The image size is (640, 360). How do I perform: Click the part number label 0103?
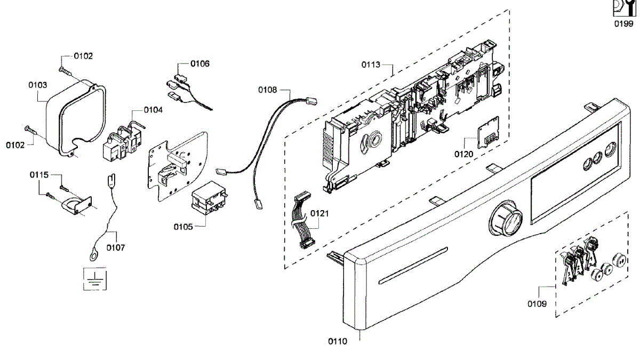click(37, 85)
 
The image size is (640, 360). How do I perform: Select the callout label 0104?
click(154, 109)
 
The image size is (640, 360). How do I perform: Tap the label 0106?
click(200, 63)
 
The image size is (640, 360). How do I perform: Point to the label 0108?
click(268, 90)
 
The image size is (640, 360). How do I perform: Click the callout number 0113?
click(371, 65)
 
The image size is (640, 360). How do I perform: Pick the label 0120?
click(464, 154)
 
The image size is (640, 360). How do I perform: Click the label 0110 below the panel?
click(337, 341)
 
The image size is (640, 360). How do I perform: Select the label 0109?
click(537, 304)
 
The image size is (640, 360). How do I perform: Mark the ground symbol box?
click(94, 278)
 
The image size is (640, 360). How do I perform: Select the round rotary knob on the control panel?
click(505, 218)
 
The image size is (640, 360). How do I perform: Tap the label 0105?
click(183, 226)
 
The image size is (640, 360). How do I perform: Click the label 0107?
click(116, 247)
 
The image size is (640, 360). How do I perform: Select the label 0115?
click(39, 175)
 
